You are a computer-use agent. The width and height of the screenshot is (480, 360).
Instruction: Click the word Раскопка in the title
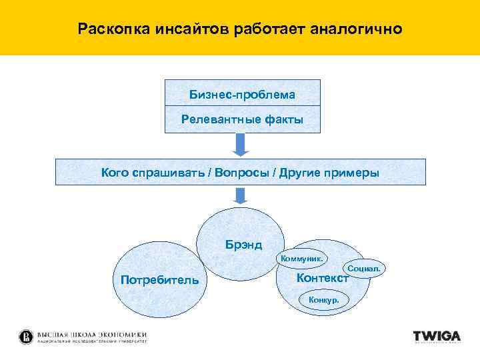(x=107, y=29)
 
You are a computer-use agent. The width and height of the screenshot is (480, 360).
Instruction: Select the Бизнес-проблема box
(x=242, y=93)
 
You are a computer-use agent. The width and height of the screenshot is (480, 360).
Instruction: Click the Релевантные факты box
(x=242, y=120)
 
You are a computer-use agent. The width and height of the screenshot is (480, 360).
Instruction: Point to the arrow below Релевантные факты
(x=241, y=144)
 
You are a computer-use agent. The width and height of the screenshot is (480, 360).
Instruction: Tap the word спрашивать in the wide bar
(x=170, y=173)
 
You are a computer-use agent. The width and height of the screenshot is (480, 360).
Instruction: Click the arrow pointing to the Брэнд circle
(x=241, y=195)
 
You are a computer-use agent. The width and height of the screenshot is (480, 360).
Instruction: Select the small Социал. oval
(x=365, y=268)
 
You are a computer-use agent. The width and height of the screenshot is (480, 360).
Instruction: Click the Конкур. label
(x=323, y=300)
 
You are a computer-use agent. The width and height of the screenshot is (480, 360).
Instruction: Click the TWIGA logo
(x=437, y=337)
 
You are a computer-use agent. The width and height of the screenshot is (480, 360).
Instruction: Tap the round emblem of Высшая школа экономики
(x=26, y=337)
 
